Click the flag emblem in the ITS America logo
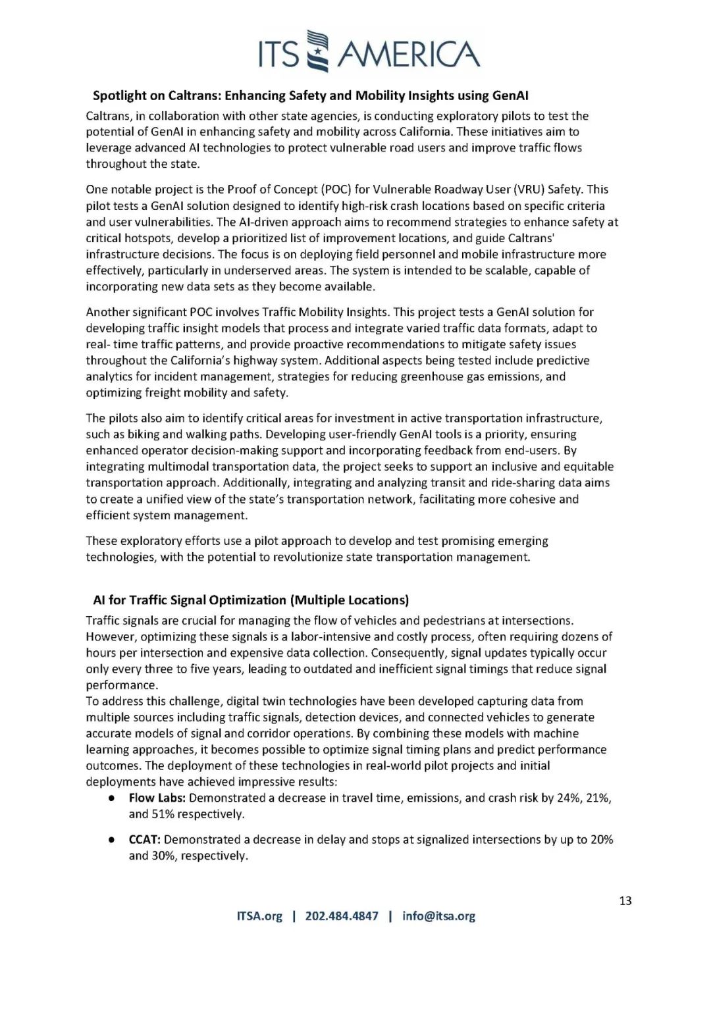click(319, 51)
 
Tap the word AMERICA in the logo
click(408, 54)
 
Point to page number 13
click(625, 900)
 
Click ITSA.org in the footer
click(259, 916)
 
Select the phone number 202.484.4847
click(342, 916)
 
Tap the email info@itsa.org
click(438, 916)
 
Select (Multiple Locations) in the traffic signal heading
click(350, 600)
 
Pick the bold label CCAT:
click(145, 840)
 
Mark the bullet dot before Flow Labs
click(113, 798)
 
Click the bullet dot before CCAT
click(113, 841)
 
